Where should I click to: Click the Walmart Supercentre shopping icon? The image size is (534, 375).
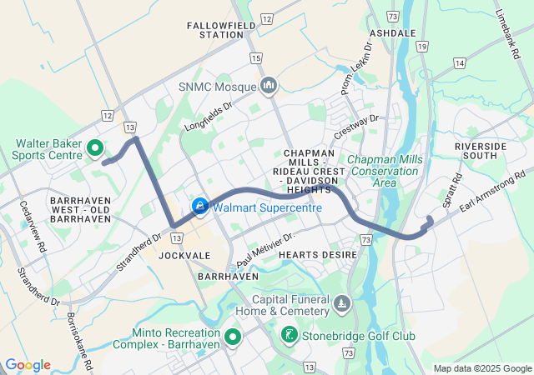point(200,206)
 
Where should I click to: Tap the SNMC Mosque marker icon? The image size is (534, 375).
point(269,86)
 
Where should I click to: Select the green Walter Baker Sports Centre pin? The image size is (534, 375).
point(94,149)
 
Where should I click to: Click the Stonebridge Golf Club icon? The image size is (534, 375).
point(290,336)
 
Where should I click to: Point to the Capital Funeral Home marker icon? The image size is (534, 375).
point(340,306)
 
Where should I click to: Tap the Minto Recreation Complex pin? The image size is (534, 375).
point(232,337)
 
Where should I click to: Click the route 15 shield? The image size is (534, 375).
point(255,57)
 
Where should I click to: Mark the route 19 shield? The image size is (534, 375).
point(423,47)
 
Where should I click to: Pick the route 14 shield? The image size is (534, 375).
point(459,62)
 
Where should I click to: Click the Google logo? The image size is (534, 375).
point(28,365)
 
